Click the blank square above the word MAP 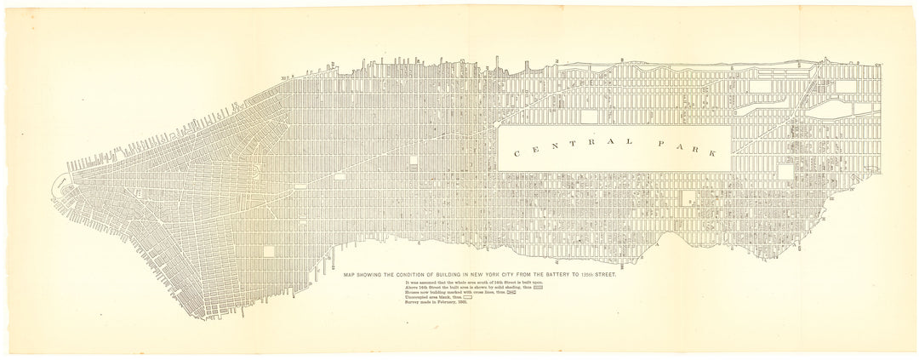tap(271, 251)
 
